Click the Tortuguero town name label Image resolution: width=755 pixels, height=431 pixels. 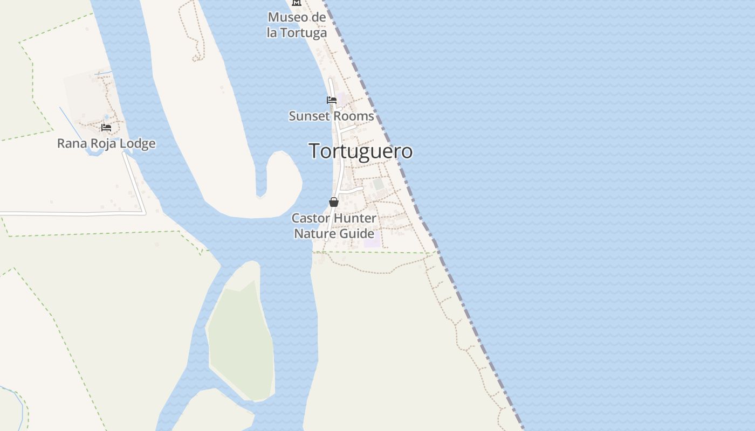[360, 151]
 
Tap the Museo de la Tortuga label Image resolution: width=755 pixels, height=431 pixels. [297, 25]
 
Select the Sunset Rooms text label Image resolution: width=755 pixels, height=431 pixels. [331, 116]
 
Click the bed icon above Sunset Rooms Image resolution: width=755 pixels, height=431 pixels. [332, 100]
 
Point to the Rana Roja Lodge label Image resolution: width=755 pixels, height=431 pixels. [106, 143]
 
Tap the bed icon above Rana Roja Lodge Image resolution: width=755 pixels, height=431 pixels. [106, 128]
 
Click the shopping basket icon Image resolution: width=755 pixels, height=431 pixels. [334, 202]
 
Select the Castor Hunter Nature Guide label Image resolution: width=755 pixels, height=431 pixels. [334, 226]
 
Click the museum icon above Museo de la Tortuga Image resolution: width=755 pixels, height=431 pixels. [296, 3]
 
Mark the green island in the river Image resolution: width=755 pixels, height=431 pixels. [240, 339]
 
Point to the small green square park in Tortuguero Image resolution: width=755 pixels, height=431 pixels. [379, 184]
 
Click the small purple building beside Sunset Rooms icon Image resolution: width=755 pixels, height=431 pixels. [342, 99]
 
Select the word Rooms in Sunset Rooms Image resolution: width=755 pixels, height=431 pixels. [355, 116]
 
